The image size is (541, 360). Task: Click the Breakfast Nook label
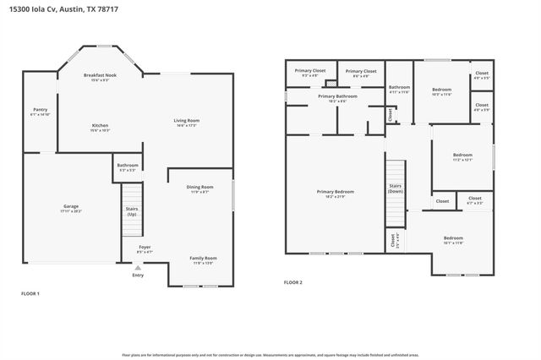(x=100, y=76)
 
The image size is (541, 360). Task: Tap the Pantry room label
(x=40, y=109)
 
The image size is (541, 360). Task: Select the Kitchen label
(x=100, y=126)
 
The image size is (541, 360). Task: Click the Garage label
(x=71, y=206)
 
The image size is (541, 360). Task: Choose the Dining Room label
(x=199, y=187)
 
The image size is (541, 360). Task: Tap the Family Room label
(x=203, y=258)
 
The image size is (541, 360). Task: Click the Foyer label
(x=145, y=247)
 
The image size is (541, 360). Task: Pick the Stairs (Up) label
(x=132, y=210)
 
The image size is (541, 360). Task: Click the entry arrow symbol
(x=138, y=267)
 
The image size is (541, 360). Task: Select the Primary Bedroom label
(x=336, y=192)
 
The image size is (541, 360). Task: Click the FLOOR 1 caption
(x=30, y=293)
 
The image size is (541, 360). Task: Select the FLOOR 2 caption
(x=292, y=281)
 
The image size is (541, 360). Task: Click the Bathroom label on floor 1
(x=128, y=165)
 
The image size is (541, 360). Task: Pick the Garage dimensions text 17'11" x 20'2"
(x=71, y=211)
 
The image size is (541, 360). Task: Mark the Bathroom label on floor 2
(x=399, y=87)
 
